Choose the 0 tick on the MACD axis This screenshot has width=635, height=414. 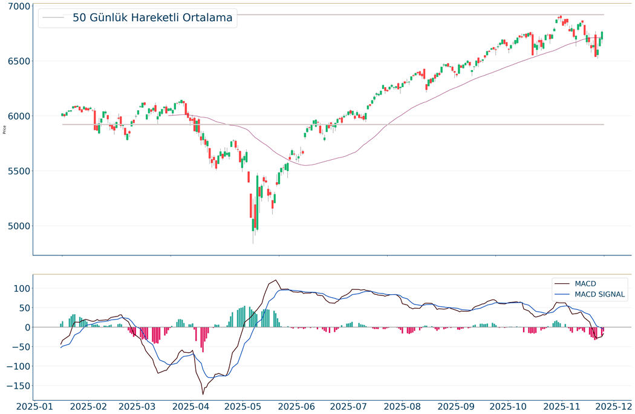[27, 327]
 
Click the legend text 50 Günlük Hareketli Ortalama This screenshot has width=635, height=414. [152, 18]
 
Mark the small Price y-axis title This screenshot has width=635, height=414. [5, 129]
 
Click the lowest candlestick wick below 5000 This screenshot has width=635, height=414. [253, 242]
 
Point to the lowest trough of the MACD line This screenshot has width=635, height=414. [203, 394]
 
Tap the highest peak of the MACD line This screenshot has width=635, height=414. [276, 280]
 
